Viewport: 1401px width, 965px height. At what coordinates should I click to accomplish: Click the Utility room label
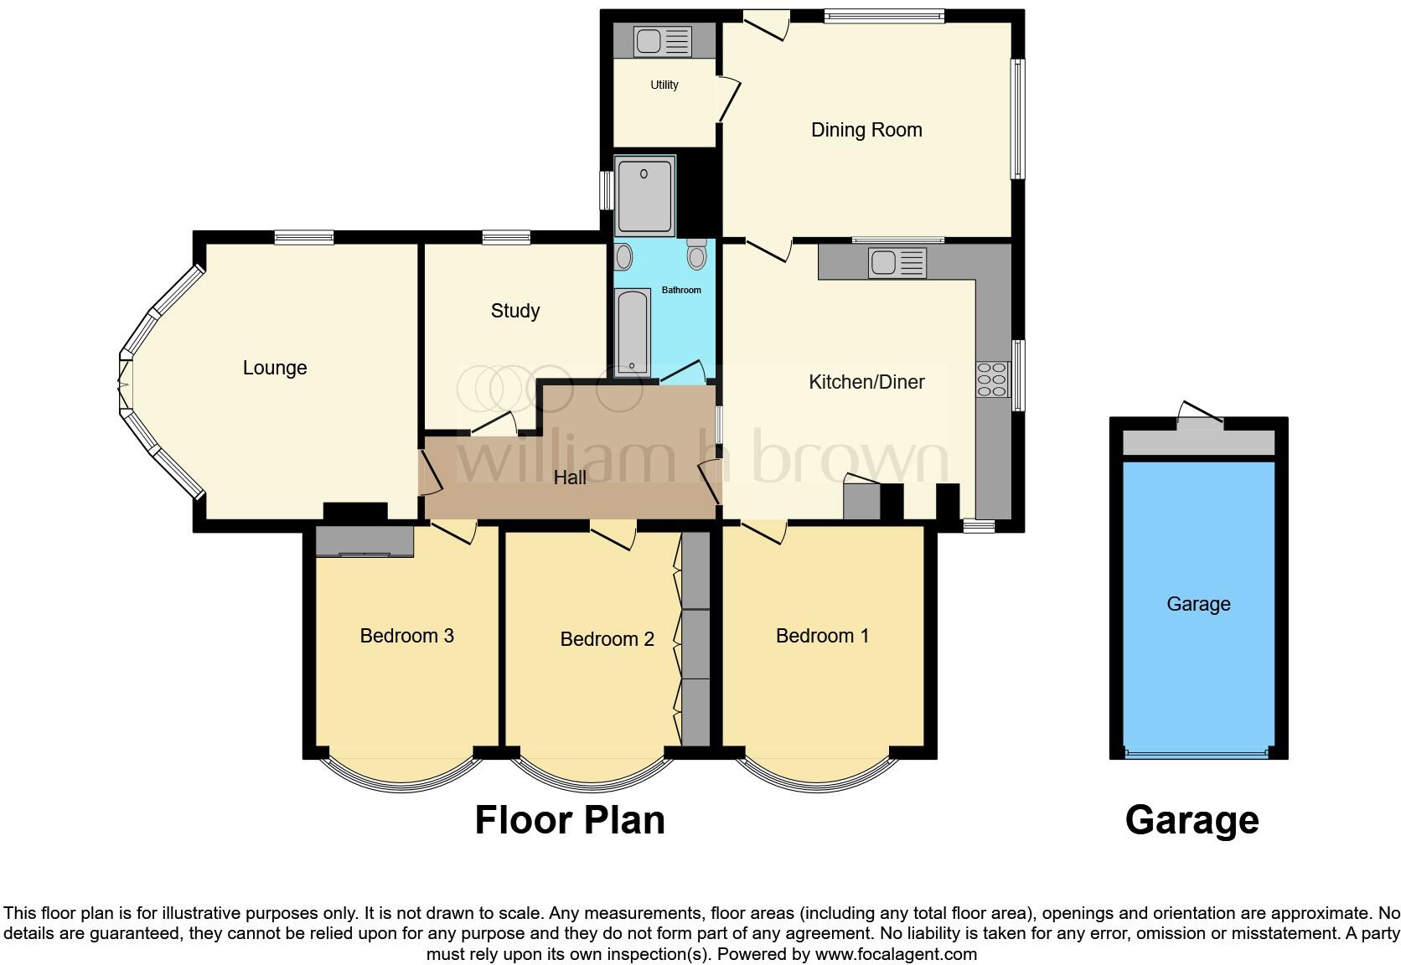pos(664,85)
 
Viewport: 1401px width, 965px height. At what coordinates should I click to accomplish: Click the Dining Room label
pos(866,130)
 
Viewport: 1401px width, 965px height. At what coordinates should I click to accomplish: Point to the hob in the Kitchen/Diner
pos(991,379)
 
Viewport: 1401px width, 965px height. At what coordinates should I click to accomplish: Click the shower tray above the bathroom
pos(644,194)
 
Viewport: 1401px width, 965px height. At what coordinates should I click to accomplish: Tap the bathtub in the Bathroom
pos(632,332)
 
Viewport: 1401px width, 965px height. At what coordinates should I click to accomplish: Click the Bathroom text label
pos(681,290)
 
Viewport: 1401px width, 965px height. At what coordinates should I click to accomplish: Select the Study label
pos(514,311)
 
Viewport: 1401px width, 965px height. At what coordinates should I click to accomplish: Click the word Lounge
pos(275,368)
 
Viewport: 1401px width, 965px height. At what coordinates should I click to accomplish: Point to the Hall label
pos(570,477)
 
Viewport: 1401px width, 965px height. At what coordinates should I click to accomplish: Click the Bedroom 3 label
pos(406,636)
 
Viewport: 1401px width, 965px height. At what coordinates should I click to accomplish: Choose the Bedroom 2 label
pos(607,639)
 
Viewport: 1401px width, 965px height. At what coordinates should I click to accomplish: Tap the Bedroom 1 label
pos(822,636)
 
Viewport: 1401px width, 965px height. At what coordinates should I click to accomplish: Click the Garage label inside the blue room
pos(1198,604)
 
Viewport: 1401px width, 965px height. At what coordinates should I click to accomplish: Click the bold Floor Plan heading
pos(570,820)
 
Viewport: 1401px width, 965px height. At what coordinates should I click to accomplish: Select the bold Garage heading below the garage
pos(1192,820)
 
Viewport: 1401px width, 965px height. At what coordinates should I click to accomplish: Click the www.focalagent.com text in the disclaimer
pos(896,953)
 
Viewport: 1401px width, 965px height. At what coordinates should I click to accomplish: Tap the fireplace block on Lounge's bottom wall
pos(355,511)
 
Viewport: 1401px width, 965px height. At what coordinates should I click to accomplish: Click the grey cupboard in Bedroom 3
pos(364,540)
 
